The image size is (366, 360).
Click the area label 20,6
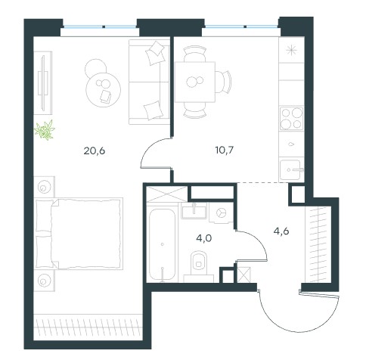click(94, 151)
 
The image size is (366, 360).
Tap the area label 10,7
click(225, 151)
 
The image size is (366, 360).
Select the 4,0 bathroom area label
click(203, 238)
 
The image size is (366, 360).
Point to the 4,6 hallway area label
click(281, 231)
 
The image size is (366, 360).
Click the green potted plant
click(45, 129)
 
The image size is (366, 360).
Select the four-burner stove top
click(291, 118)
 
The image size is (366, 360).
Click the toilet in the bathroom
click(199, 266)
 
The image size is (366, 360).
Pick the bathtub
click(162, 244)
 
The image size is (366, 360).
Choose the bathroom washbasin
click(194, 210)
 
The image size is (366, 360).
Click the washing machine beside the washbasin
click(221, 213)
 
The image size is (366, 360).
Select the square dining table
click(195, 82)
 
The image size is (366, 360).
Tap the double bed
click(79, 234)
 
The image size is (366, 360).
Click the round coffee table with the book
click(104, 90)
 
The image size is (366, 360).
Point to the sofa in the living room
click(149, 82)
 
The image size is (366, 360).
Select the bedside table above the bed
click(45, 187)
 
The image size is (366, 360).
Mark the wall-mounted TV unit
click(43, 81)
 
